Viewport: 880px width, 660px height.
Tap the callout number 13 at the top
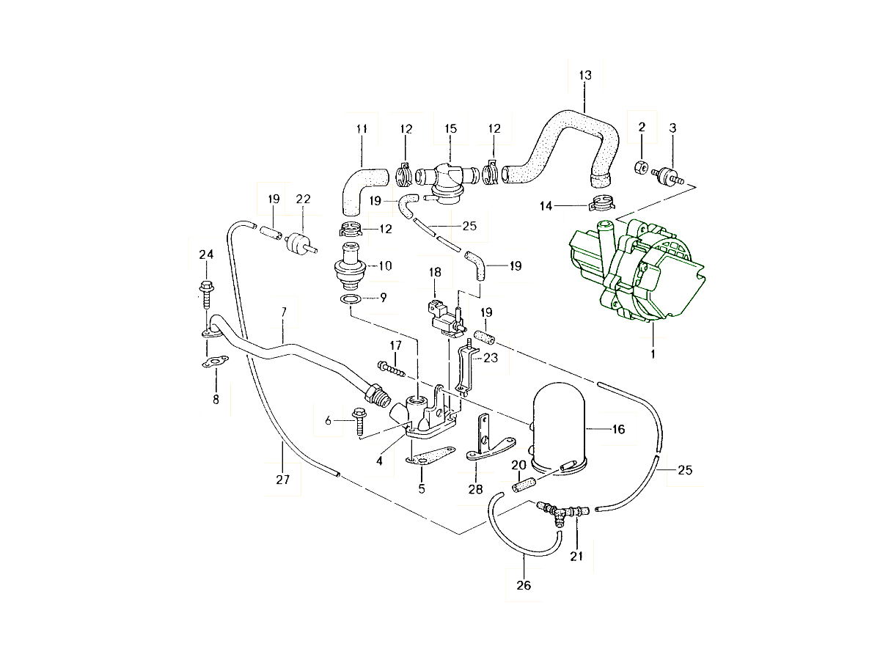pos(584,76)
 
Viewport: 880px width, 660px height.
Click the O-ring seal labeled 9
pos(351,299)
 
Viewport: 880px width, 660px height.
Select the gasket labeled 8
pos(216,362)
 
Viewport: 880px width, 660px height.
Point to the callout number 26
pos(524,585)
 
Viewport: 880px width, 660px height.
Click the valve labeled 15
pos(445,178)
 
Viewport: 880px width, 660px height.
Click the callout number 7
pos(284,312)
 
